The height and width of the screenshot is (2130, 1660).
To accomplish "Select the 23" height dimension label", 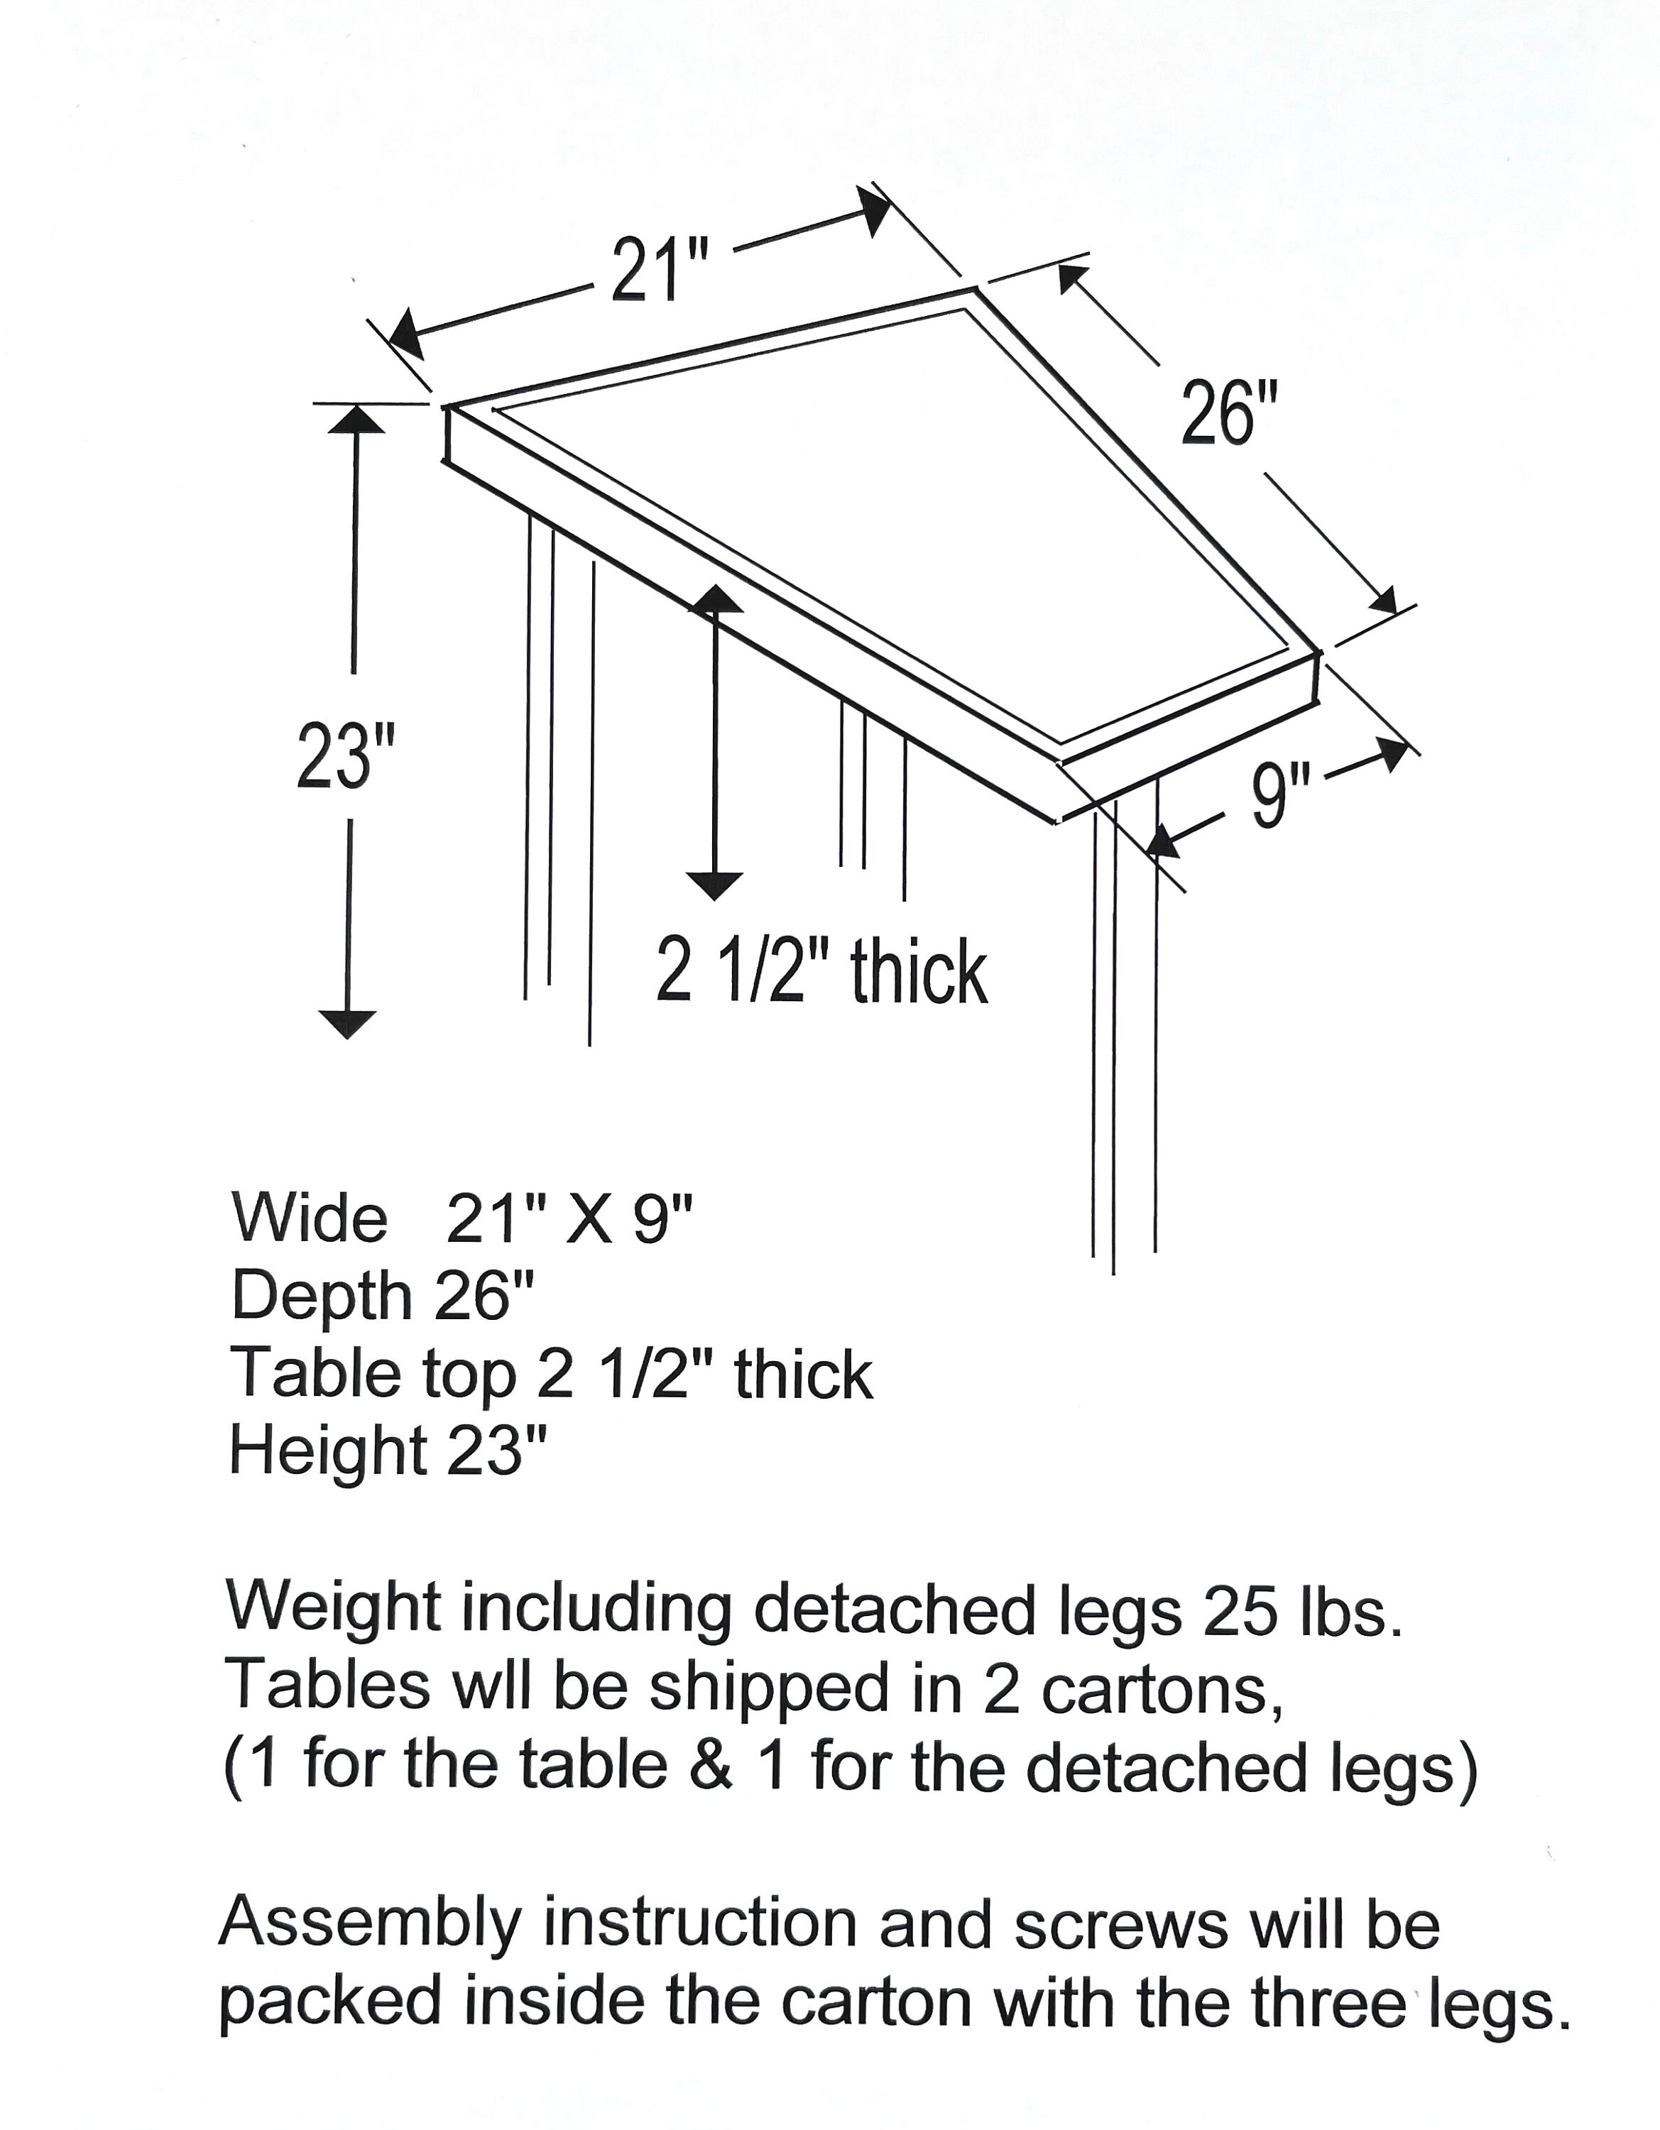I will pyautogui.click(x=346, y=756).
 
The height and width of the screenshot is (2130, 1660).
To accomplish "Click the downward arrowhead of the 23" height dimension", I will pyautogui.click(x=347, y=1023).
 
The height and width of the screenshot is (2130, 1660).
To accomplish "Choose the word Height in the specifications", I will pyautogui.click(x=328, y=1451).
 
